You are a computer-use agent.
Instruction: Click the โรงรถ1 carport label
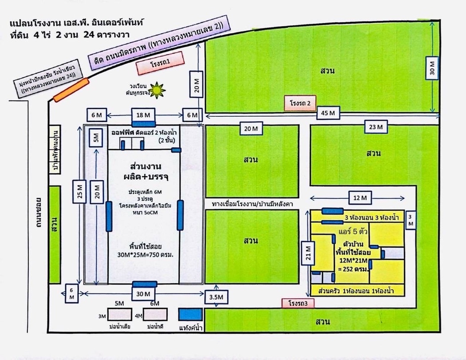(161, 63)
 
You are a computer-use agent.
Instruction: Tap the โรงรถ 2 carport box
(300, 103)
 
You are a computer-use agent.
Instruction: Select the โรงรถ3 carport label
(298, 303)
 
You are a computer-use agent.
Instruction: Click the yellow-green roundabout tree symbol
(157, 90)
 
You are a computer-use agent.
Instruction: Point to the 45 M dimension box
(328, 113)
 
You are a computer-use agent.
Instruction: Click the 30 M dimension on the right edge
(432, 68)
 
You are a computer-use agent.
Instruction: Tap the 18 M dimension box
(143, 115)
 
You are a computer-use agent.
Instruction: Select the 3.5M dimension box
(217, 297)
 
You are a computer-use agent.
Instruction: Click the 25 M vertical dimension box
(79, 191)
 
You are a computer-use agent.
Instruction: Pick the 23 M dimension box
(375, 127)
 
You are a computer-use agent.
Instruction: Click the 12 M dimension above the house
(360, 198)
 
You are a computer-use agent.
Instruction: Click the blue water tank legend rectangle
(190, 314)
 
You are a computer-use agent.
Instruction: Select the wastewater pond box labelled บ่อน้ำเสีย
(119, 314)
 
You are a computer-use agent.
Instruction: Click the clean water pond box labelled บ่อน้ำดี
(155, 314)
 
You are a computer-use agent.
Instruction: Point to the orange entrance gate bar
(71, 90)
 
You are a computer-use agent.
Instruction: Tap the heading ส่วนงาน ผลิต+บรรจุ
(146, 171)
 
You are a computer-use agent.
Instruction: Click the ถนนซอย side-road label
(38, 213)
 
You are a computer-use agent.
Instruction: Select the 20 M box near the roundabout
(197, 84)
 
